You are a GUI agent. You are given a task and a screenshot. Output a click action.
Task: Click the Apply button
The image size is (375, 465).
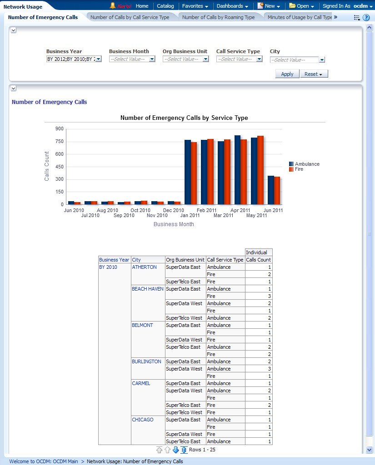(x=287, y=74)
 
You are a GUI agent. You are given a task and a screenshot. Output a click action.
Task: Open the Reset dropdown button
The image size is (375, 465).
(x=314, y=74)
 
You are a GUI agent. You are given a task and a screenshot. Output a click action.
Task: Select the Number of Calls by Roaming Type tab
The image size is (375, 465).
(x=218, y=17)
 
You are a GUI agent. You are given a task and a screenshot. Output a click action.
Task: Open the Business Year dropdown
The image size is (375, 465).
(x=98, y=59)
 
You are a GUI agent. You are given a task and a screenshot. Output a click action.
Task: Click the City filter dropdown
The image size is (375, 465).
(x=322, y=60)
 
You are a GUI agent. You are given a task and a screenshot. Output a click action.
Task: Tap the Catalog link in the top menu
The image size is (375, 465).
(x=165, y=6)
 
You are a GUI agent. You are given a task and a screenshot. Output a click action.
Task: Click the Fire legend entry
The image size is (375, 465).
(x=299, y=169)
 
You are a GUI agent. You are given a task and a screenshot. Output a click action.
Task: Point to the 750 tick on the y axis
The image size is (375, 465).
(x=59, y=142)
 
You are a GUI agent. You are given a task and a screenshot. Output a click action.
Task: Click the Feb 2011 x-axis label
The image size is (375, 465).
(x=206, y=210)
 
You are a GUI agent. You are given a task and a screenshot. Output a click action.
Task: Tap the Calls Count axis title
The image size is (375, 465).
(x=47, y=166)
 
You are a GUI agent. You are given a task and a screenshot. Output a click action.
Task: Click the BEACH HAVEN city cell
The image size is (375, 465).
(x=147, y=289)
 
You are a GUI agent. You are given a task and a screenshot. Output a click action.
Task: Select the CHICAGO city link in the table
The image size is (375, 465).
(x=143, y=420)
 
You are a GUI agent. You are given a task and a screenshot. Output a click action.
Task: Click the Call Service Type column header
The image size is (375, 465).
(x=225, y=260)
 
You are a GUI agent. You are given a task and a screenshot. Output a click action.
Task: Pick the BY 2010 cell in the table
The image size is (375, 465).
(x=108, y=267)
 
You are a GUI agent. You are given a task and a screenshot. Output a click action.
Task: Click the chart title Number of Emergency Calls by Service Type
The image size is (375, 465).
(x=184, y=118)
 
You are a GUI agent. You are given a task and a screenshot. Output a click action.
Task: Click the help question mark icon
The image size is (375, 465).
(x=366, y=18)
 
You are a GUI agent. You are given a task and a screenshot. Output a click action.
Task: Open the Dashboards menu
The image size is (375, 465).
(x=232, y=6)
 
